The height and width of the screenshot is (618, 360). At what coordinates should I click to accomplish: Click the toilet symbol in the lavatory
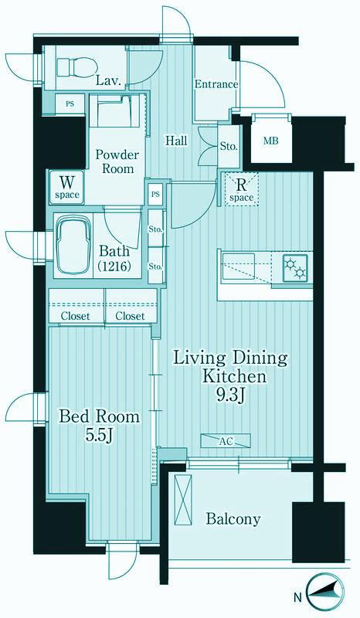pos(76,66)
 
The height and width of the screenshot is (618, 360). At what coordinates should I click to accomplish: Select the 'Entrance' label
pos(216,84)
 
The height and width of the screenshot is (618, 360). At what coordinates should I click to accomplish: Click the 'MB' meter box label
pos(271,140)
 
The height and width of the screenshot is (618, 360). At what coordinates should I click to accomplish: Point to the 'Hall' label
pos(176,141)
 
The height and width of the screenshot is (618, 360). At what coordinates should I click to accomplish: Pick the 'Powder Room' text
pos(117,161)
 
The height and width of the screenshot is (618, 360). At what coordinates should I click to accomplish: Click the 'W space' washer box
pos(67,187)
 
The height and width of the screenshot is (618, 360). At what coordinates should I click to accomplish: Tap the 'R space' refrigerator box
pos(241,189)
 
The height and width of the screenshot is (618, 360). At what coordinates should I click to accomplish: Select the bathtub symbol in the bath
pos(73,246)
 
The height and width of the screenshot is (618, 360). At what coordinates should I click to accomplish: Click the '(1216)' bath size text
pos(114,267)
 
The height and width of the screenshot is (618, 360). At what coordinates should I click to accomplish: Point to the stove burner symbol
pos(296,268)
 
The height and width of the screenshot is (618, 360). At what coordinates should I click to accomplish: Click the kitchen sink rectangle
pos(239,267)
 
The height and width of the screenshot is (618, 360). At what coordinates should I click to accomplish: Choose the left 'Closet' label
pos(75,316)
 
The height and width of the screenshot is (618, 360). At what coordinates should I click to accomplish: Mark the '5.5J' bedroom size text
pos(100,435)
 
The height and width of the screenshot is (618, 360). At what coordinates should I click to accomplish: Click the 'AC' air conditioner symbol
pos(226,441)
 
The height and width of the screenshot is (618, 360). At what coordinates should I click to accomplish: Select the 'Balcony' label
pos(233,518)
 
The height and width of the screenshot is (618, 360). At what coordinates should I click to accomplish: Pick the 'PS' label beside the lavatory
pos(70,104)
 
